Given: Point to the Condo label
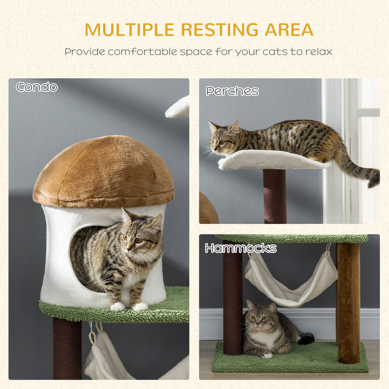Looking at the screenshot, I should pos(37,87).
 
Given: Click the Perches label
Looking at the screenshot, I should pos(232,91).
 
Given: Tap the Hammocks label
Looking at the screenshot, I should pos(241,248).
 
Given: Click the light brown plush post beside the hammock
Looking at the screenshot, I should pos(348,300).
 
